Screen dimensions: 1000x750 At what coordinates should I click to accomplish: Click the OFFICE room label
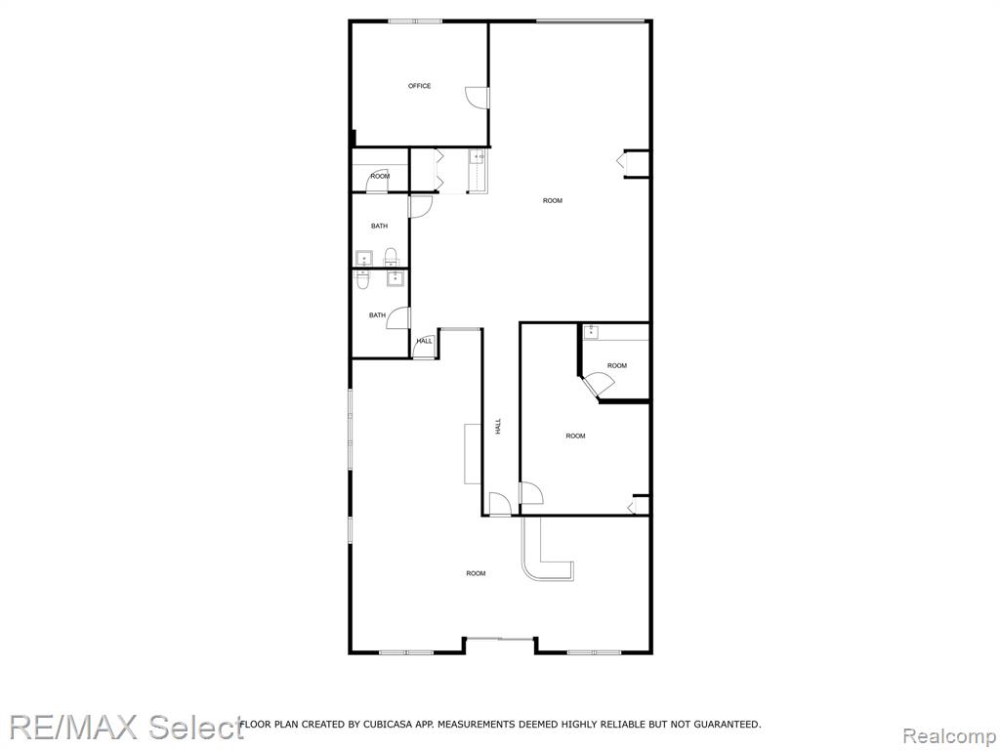point(420,86)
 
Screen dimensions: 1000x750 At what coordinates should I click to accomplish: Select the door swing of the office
point(476,97)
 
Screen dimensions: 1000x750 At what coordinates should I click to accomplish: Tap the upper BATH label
point(380,226)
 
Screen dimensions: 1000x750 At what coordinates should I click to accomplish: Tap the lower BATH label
point(377,315)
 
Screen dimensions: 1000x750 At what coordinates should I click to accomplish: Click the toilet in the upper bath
point(391,257)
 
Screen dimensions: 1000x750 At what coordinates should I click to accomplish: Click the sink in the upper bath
point(364,258)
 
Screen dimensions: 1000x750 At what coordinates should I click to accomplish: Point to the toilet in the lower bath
point(363,279)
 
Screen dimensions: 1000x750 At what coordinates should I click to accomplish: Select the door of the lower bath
point(398,317)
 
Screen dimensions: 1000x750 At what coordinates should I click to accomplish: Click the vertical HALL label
point(498,427)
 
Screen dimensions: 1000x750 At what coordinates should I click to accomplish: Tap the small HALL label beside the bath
point(424,341)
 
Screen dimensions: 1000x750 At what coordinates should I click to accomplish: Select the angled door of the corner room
point(600,385)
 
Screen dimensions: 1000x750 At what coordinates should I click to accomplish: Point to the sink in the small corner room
point(591,331)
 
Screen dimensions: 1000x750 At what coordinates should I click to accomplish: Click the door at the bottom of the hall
point(500,504)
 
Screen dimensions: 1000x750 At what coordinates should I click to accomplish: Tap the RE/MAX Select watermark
point(126,728)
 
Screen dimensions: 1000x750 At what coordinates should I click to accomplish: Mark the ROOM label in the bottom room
point(476,573)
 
